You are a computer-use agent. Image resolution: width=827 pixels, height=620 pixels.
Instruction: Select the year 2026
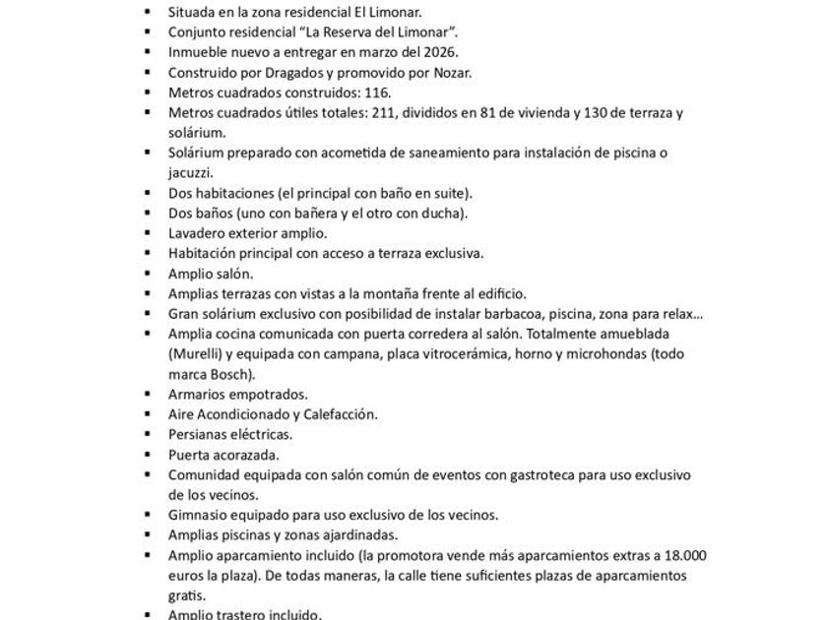pyautogui.click(x=439, y=52)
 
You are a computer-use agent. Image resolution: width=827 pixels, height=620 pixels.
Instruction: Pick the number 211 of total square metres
pyautogui.click(x=353, y=112)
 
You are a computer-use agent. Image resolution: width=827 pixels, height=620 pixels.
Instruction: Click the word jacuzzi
pyautogui.click(x=190, y=171)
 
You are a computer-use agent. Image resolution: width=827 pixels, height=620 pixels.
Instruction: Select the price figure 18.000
pyautogui.click(x=685, y=555)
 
